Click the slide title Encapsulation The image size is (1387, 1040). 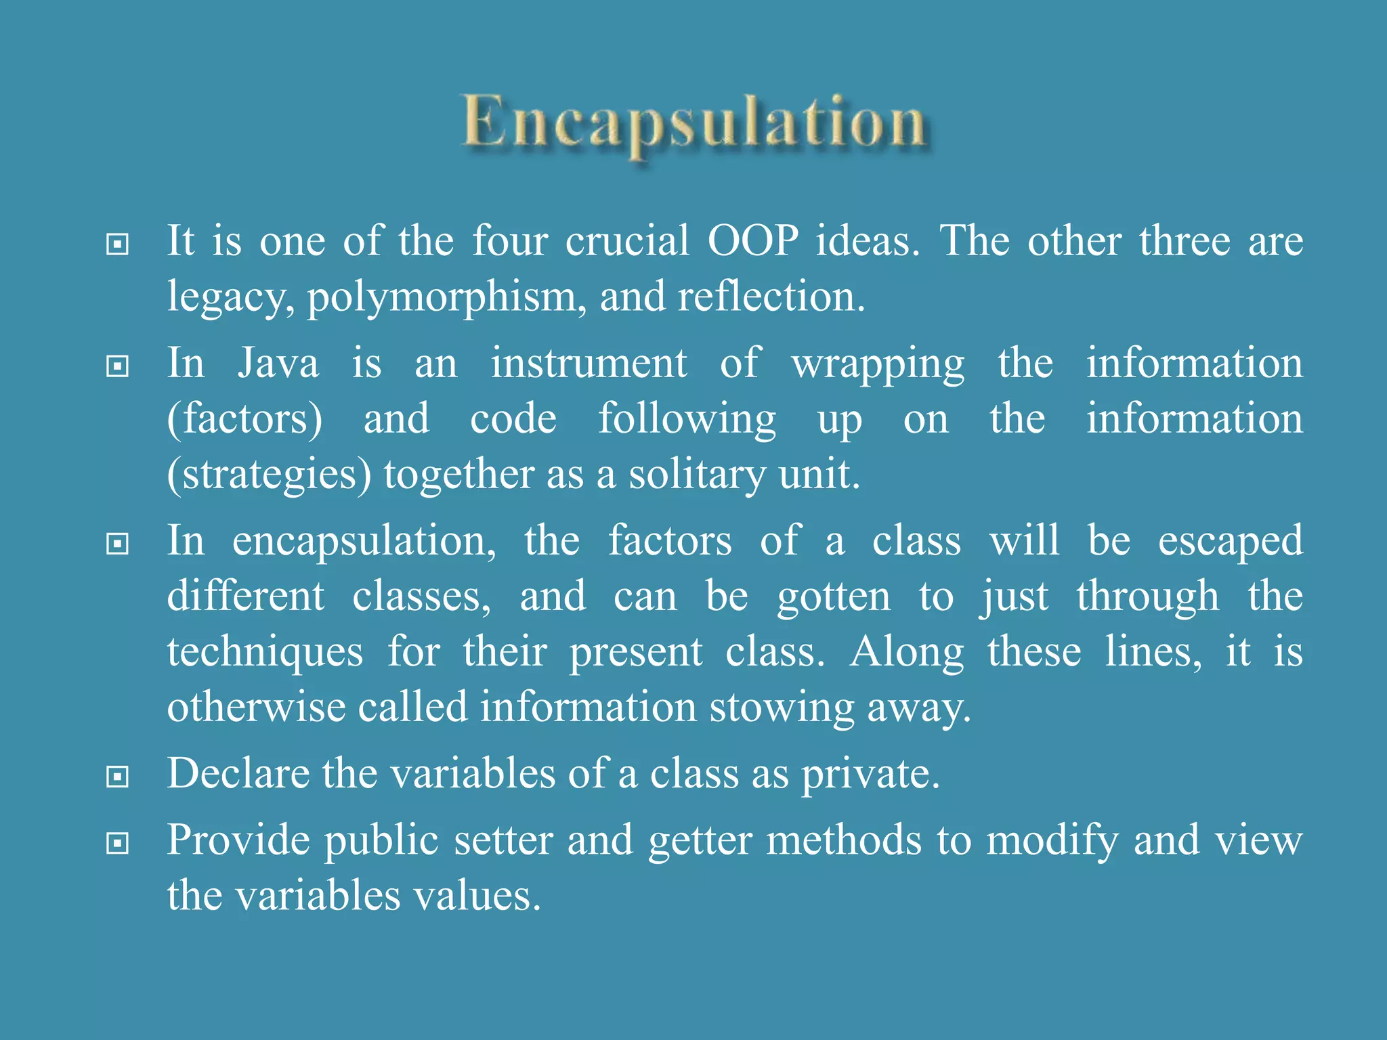[694, 123]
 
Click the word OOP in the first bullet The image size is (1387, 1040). [753, 241]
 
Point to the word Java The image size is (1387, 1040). [278, 364]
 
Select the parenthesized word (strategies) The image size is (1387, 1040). [270, 475]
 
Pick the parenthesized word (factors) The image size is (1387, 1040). [244, 419]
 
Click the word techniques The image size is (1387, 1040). [265, 653]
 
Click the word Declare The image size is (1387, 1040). [238, 773]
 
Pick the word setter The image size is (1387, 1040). [503, 840]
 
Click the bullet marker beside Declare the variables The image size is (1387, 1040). [118, 777]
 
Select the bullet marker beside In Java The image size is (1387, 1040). [118, 367]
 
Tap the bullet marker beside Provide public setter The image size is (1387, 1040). [118, 844]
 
